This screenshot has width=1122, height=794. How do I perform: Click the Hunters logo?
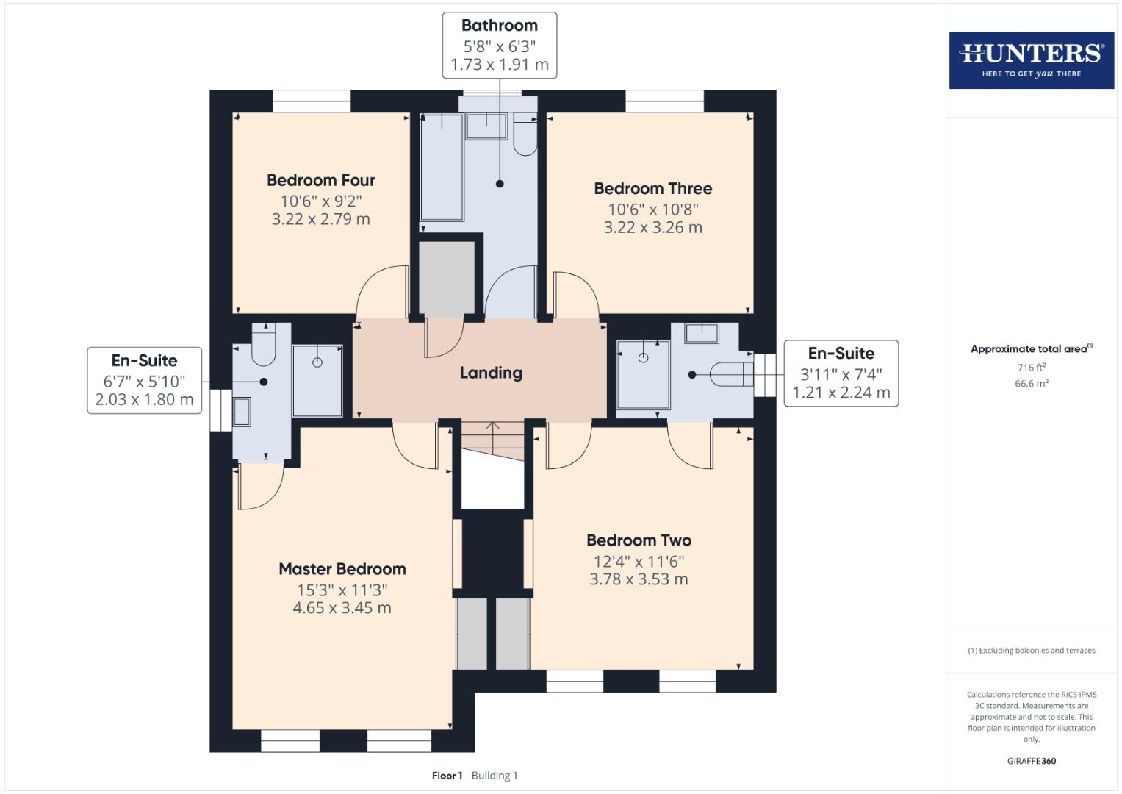(1031, 60)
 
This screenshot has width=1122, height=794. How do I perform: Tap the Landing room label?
(491, 373)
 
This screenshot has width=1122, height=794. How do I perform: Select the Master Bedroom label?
(342, 569)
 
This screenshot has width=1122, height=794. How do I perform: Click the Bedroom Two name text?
(639, 540)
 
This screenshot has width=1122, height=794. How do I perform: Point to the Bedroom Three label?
(652, 189)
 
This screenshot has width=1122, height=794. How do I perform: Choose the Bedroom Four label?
(321, 181)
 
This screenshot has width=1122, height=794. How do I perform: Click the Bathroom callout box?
(500, 45)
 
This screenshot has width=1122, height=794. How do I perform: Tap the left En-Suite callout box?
(145, 380)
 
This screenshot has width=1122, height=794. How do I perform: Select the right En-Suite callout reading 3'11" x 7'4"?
(841, 373)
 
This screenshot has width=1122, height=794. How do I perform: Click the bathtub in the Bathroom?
(442, 167)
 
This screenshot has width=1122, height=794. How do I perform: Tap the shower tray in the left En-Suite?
(317, 381)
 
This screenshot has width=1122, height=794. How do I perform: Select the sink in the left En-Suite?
(242, 412)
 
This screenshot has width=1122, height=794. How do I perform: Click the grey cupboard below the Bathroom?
(447, 277)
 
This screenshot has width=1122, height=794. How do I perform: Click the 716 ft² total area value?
(1031, 368)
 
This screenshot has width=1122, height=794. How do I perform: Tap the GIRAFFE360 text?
(1031, 761)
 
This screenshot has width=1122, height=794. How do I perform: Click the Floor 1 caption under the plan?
(447, 776)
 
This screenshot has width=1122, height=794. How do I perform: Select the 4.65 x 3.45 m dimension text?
(342, 608)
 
